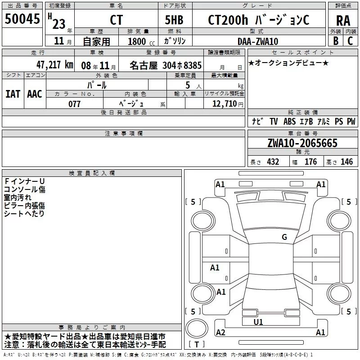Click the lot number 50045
click(22, 18)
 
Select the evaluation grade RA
click(343, 21)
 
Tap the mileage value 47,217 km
click(54, 65)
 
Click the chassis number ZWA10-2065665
click(302, 143)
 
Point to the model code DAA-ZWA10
click(258, 41)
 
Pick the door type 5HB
click(174, 20)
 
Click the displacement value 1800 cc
click(141, 42)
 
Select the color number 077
click(74, 104)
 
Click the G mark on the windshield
click(284, 237)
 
